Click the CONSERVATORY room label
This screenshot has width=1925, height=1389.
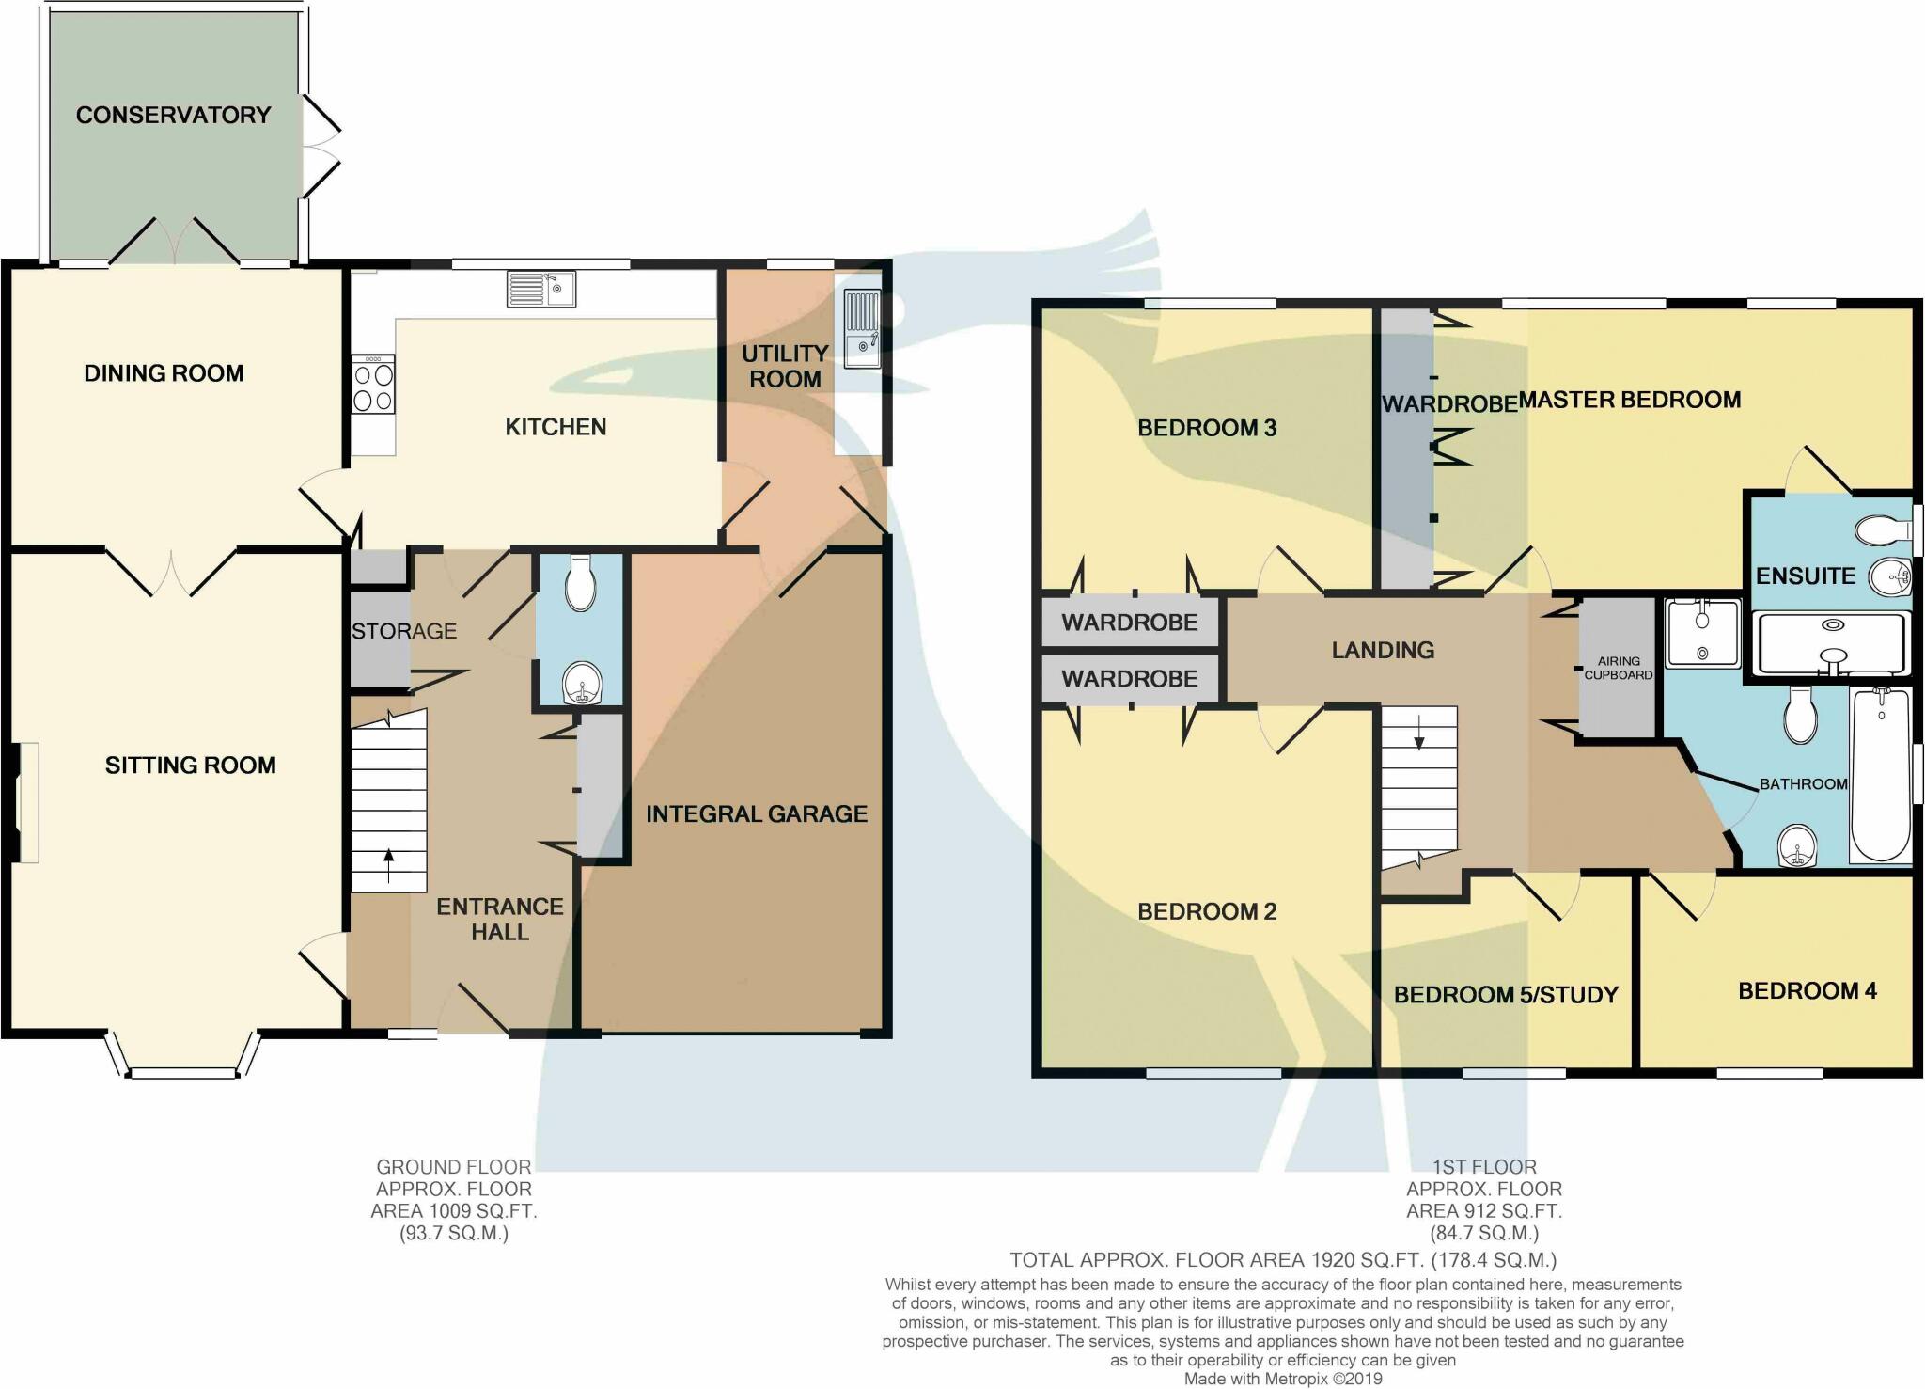coord(173,115)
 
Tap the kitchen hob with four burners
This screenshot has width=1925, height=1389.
coord(373,387)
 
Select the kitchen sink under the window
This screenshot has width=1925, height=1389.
coord(541,289)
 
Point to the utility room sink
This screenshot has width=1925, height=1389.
coord(862,328)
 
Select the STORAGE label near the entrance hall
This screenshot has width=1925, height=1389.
coord(404,631)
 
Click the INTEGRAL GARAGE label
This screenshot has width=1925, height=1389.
coord(756,813)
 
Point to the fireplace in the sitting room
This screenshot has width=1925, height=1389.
coord(26,802)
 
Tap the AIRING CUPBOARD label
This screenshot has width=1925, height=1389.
coord(1618,668)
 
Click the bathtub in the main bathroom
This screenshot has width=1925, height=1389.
coord(1880,775)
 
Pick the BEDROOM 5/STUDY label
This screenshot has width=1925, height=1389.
coord(1506,995)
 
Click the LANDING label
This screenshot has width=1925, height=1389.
coord(1383,650)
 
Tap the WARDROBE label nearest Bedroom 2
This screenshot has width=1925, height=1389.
coord(1129,679)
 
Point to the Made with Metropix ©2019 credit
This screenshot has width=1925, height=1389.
coord(1283,1379)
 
